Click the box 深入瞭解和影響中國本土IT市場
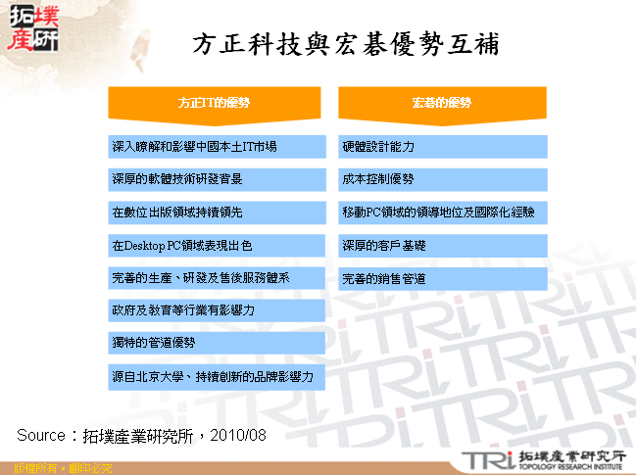click(x=217, y=147)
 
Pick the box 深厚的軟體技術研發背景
click(x=217, y=180)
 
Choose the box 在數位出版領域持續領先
click(x=217, y=213)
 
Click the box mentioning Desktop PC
click(x=217, y=246)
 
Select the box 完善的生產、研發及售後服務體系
click(x=217, y=278)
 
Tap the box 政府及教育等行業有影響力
click(x=217, y=310)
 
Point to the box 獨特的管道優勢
click(x=217, y=344)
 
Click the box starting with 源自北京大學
click(x=217, y=377)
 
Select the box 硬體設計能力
click(x=443, y=147)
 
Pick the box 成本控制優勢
click(x=443, y=180)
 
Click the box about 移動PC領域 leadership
click(x=443, y=213)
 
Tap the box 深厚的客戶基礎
click(x=443, y=246)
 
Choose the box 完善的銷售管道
click(x=443, y=278)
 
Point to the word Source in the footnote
click(x=40, y=434)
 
